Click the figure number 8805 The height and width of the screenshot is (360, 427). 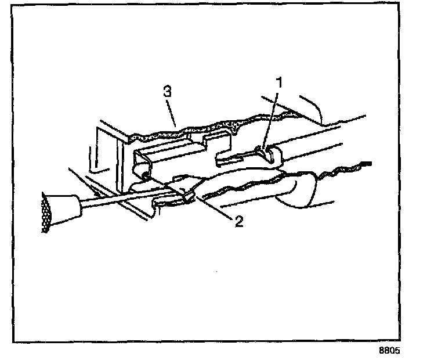click(x=389, y=351)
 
